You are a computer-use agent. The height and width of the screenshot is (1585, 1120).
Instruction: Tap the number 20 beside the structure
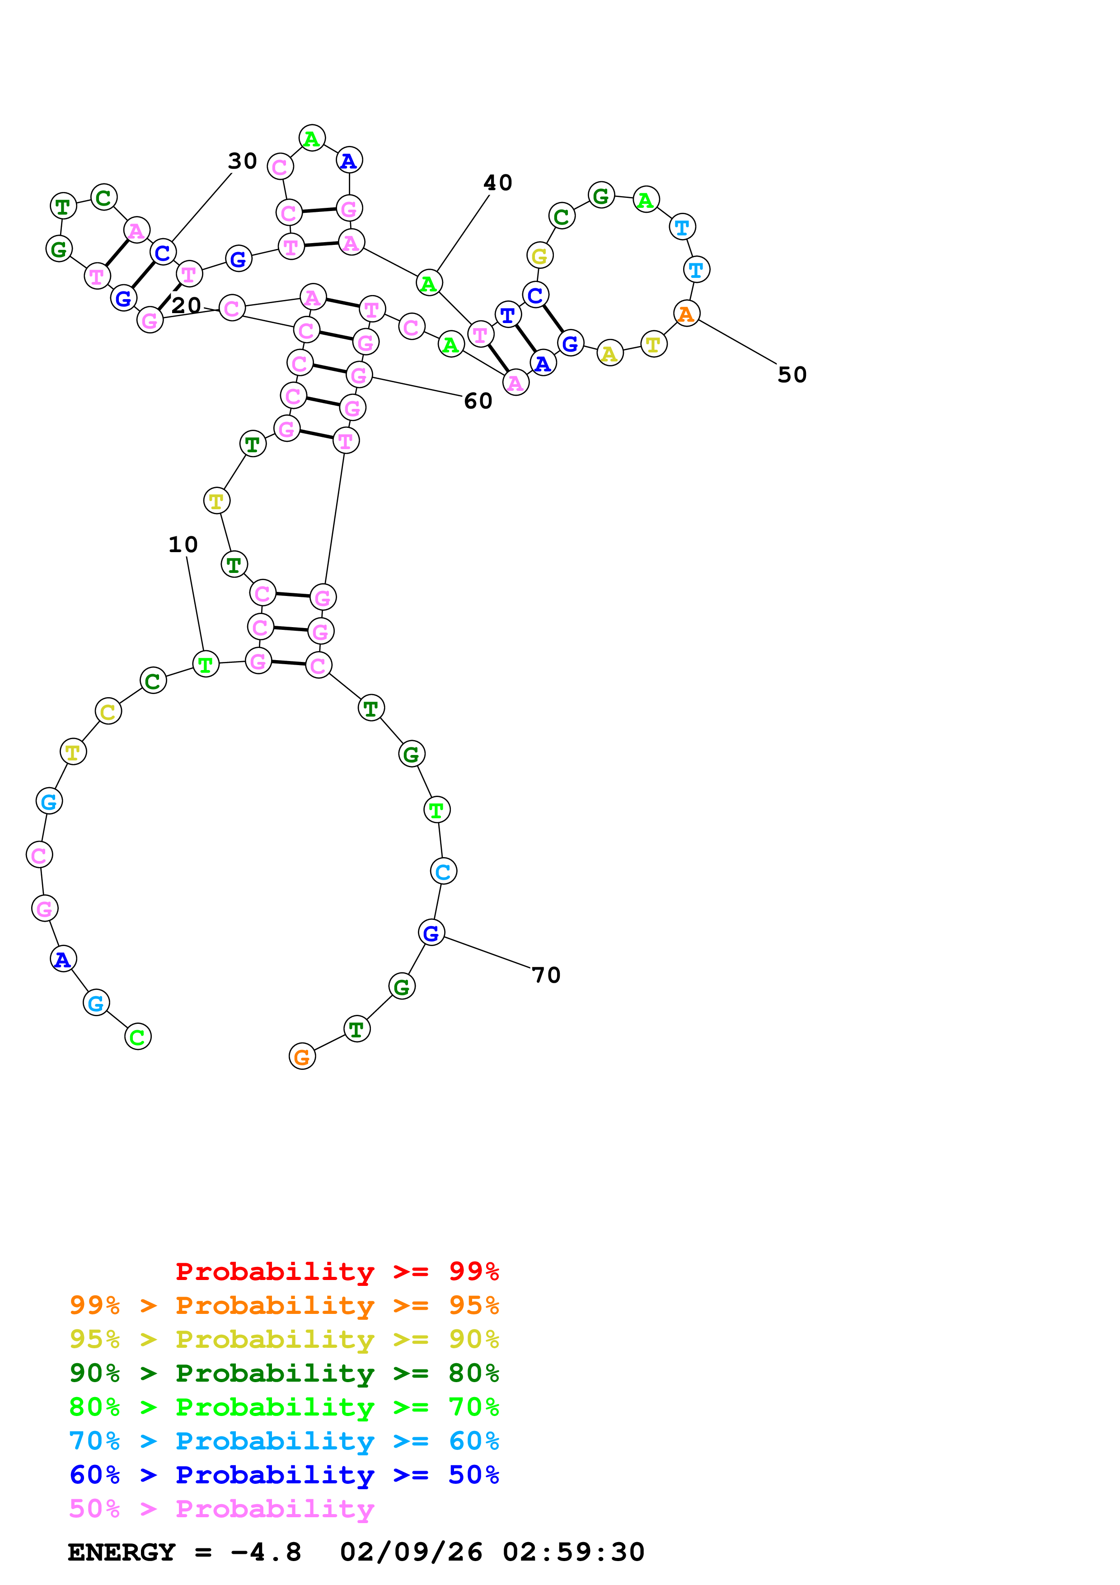[x=186, y=305]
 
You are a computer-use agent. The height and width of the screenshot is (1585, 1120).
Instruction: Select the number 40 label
[x=497, y=183]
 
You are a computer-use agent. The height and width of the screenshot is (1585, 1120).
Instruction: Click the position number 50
[x=792, y=375]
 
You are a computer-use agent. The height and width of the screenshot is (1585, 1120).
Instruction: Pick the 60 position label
[x=478, y=401]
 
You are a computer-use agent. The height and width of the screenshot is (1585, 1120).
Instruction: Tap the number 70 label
[x=546, y=975]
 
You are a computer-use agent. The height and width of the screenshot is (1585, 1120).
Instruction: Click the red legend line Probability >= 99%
[x=337, y=1271]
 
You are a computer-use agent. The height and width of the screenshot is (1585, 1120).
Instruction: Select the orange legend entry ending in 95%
[x=284, y=1305]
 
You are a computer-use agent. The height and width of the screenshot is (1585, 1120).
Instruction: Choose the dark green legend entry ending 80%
[x=284, y=1373]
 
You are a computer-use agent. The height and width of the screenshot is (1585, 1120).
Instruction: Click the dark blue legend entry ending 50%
[x=284, y=1475]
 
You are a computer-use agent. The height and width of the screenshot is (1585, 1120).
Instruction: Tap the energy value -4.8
[x=266, y=1552]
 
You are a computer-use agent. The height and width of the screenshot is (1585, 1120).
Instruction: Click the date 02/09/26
[x=411, y=1552]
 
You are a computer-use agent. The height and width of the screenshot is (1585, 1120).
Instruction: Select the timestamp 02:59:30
[x=573, y=1552]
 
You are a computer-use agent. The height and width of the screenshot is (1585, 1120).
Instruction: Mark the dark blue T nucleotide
[x=508, y=315]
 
